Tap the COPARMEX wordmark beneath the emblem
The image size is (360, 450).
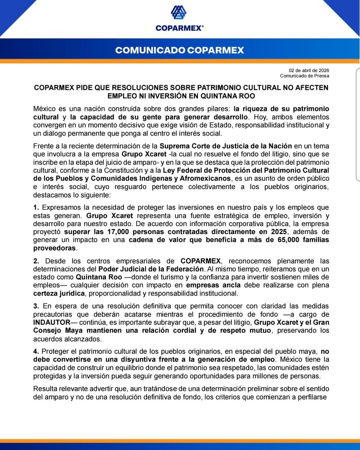click(x=180, y=28)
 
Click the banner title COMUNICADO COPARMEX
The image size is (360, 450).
click(x=180, y=50)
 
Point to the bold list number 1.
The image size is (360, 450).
click(x=36, y=207)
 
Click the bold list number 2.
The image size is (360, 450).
click(x=36, y=261)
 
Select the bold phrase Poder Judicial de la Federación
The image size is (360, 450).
click(x=151, y=269)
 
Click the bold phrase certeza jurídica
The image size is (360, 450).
click(x=58, y=293)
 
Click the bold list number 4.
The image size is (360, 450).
click(x=36, y=351)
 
